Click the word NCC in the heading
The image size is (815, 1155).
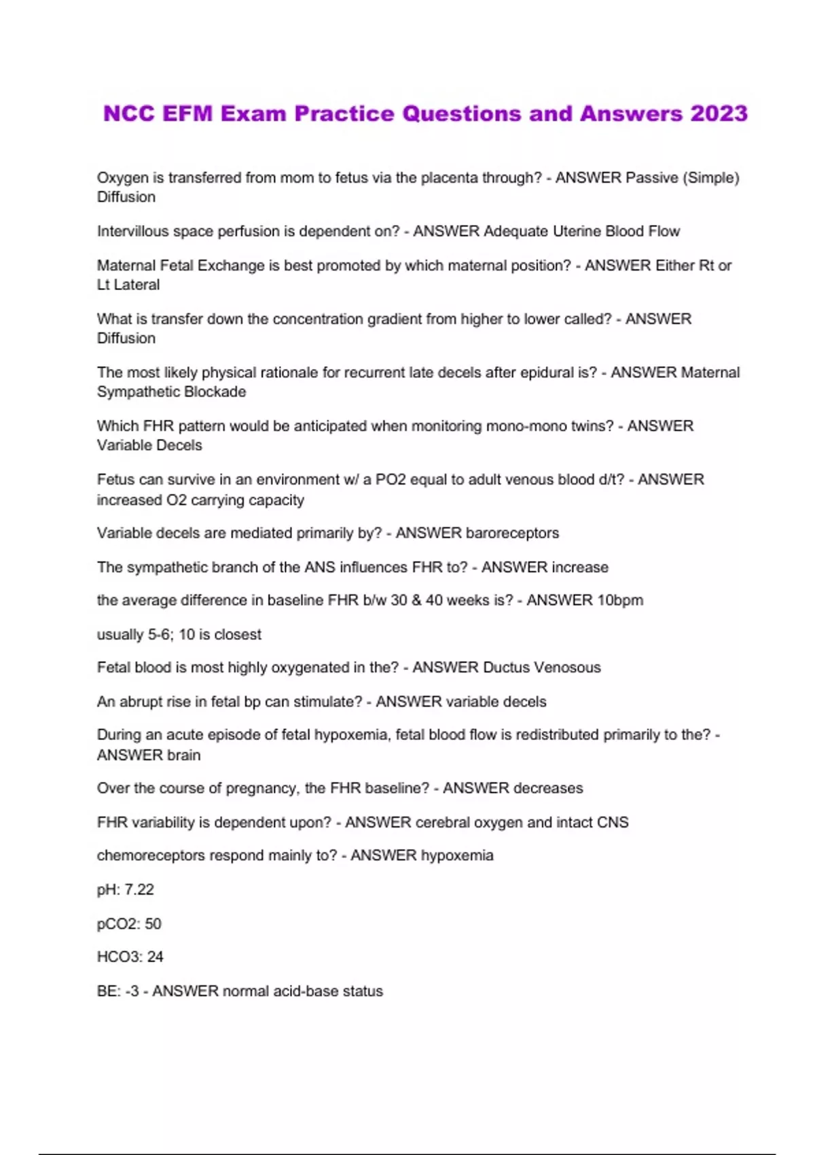tap(129, 113)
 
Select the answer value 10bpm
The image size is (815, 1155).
tap(619, 601)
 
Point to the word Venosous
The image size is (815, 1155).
tap(567, 668)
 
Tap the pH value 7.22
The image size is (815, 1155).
tap(139, 890)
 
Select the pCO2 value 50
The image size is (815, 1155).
tap(153, 924)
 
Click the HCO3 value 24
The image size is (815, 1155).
tap(156, 957)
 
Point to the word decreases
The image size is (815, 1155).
tap(547, 788)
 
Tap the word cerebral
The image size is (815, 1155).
tap(442, 823)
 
